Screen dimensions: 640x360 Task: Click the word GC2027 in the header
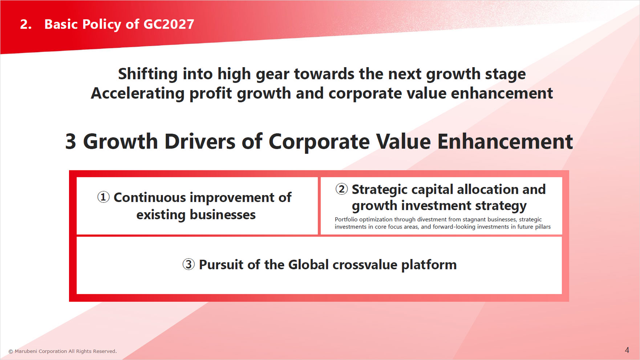(169, 24)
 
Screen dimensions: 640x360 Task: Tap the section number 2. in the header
(26, 24)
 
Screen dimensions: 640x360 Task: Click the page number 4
(627, 350)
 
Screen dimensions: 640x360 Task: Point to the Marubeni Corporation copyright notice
(62, 351)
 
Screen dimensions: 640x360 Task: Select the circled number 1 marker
(103, 197)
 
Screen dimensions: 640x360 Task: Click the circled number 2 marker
(341, 189)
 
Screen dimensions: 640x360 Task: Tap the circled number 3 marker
(189, 264)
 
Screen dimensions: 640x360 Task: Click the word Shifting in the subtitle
(148, 74)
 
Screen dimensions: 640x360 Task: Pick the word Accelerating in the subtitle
(138, 94)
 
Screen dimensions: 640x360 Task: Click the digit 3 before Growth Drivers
(70, 141)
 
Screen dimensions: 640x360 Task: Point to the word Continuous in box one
(150, 198)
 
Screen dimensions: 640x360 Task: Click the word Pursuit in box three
(221, 265)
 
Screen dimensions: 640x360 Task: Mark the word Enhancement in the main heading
(505, 141)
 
